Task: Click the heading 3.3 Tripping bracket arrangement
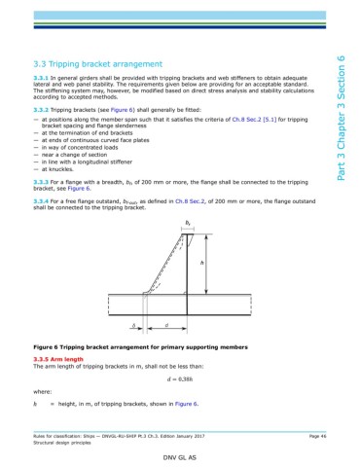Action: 108,59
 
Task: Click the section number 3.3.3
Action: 43,181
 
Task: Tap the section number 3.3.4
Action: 43,199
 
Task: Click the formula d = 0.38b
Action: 179,378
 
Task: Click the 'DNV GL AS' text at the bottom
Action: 179,455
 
